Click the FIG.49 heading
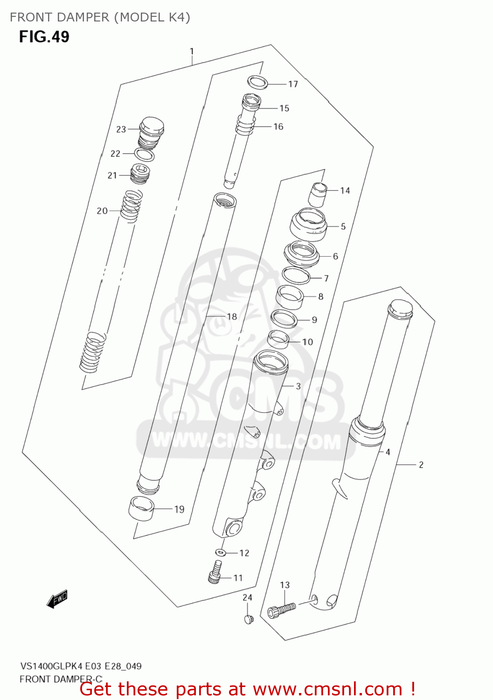point(44,37)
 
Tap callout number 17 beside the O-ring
point(293,84)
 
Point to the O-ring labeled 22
point(144,154)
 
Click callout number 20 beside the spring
point(102,211)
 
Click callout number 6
point(335,256)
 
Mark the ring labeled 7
point(296,276)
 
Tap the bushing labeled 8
point(290,297)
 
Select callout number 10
point(308,342)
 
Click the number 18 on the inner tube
point(232,316)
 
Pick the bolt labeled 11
point(215,572)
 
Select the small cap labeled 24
point(248,619)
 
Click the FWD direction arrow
point(57,599)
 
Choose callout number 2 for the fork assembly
point(421,465)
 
